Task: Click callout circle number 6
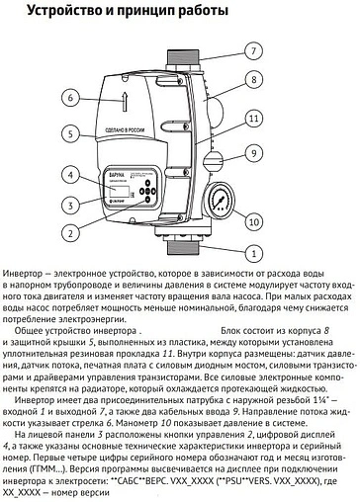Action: pos(69,98)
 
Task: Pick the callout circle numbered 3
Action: pos(69,206)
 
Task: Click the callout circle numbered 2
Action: pos(69,234)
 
